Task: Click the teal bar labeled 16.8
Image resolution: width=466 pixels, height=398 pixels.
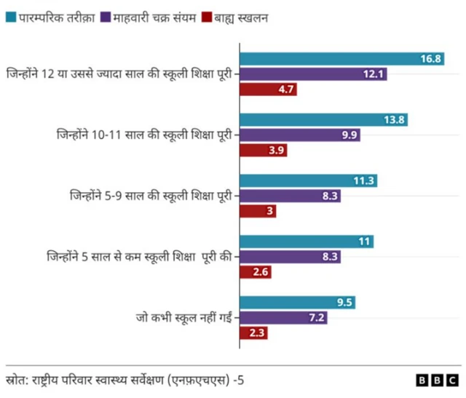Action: [343, 59]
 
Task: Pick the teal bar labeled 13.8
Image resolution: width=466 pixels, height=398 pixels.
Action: [325, 120]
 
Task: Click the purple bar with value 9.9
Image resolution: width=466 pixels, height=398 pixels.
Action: [301, 135]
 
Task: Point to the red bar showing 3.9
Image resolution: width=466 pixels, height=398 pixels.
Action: [264, 151]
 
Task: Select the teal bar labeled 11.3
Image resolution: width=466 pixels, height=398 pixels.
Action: [309, 181]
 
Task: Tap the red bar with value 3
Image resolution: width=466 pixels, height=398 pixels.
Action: [258, 211]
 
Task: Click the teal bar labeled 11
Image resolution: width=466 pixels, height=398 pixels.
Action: [308, 242]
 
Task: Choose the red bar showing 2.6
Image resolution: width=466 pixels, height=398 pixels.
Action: [256, 272]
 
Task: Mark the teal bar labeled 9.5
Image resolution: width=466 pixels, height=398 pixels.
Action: [299, 303]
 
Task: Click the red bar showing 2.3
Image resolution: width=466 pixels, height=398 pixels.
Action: [254, 333]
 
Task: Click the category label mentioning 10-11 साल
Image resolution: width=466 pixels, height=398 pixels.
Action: [146, 135]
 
